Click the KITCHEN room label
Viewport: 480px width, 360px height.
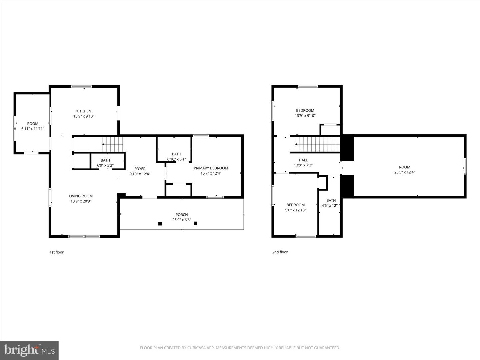pos(84,111)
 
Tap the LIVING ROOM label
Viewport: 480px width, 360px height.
pos(81,196)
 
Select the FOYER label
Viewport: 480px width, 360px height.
pos(140,169)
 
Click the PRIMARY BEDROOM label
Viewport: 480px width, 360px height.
pos(211,168)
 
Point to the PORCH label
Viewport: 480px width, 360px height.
pos(182,214)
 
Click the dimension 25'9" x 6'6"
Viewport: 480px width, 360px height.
pos(182,220)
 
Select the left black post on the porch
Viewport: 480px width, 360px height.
pos(160,223)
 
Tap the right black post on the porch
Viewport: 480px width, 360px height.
pos(196,223)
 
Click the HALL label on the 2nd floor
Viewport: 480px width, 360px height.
pos(303,160)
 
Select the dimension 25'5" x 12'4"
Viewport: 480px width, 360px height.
pos(405,172)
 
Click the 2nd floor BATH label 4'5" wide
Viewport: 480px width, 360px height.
pos(331,200)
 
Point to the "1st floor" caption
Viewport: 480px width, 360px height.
pos(56,252)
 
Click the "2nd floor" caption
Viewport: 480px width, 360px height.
pos(280,252)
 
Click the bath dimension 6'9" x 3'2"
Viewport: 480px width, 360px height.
pos(105,165)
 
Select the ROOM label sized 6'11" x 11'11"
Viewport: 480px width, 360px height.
pos(33,124)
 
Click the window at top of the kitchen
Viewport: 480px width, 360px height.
pos(82,87)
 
